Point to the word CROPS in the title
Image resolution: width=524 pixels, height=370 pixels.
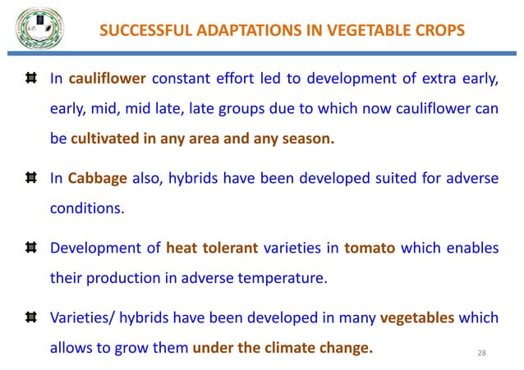tap(438, 31)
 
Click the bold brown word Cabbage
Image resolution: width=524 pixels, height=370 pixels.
tap(92, 178)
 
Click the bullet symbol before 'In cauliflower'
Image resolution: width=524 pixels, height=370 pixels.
tap(30, 79)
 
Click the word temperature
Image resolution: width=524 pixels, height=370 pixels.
tap(282, 277)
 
